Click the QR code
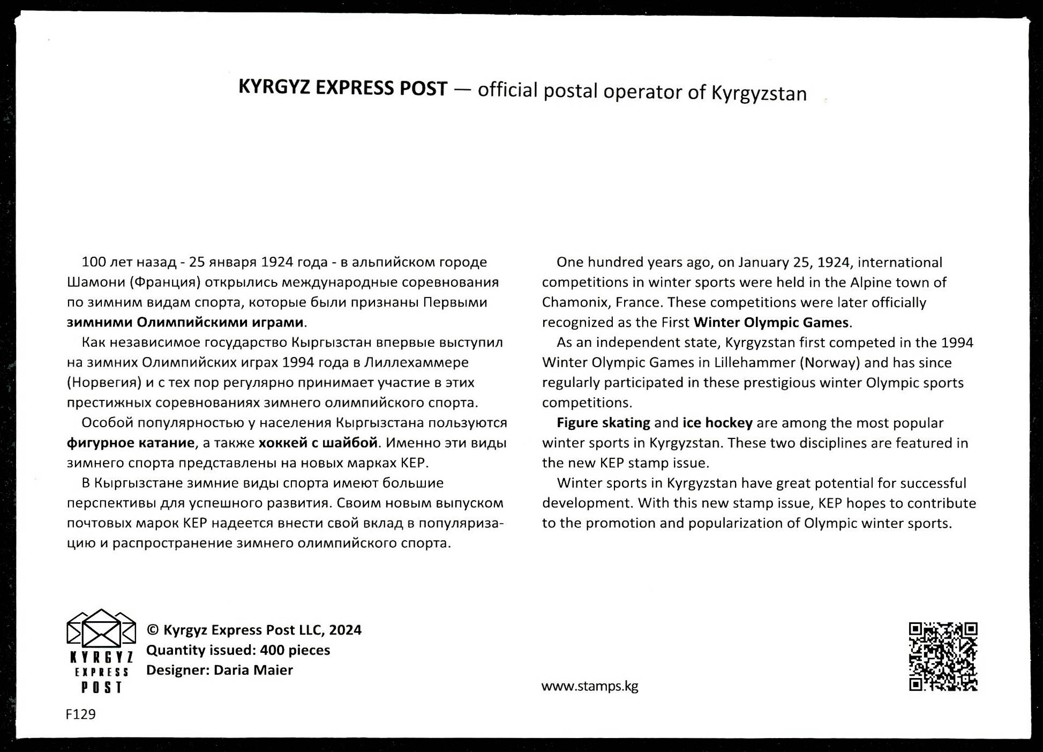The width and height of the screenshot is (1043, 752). tap(943, 656)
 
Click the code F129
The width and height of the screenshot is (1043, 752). tap(80, 714)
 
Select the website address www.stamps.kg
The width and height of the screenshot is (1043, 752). tap(589, 686)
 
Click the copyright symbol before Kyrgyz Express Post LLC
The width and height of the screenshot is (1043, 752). tap(153, 630)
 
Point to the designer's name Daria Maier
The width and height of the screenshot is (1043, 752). tap(253, 670)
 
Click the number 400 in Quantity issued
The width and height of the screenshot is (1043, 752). tap(272, 650)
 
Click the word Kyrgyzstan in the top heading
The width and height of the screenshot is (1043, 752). tap(759, 93)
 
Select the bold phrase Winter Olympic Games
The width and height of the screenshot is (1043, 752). tap(770, 322)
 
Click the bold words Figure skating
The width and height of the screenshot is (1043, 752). tap(603, 423)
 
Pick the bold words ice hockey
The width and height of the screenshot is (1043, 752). tap(717, 423)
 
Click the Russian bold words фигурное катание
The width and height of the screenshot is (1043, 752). tap(131, 443)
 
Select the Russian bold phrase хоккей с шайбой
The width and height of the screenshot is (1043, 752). tap(318, 443)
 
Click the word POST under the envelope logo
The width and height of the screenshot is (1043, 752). tap(102, 687)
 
